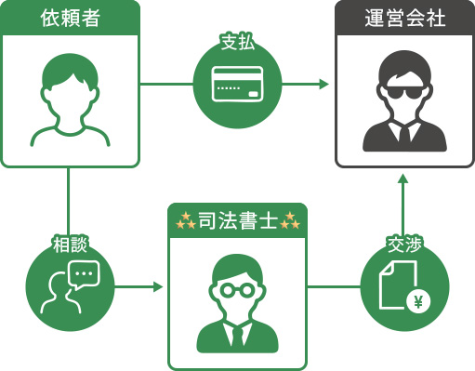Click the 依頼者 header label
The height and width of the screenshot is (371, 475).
(x=70, y=18)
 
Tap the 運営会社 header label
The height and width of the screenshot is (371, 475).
(x=403, y=18)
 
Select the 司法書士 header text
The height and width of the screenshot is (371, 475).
(x=237, y=221)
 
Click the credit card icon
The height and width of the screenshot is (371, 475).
(x=236, y=86)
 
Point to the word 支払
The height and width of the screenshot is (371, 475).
(x=236, y=43)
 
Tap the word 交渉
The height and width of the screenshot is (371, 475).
(x=402, y=245)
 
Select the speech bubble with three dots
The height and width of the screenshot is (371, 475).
(x=83, y=273)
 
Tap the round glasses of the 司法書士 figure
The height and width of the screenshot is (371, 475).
(x=237, y=289)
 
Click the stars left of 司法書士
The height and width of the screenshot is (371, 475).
(x=185, y=221)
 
